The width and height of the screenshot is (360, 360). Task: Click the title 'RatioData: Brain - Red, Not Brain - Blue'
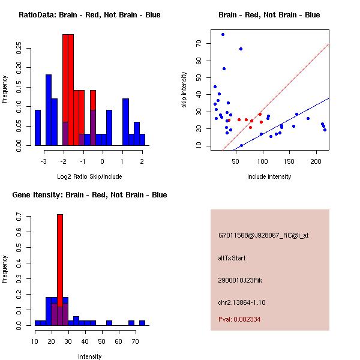pos(89,15)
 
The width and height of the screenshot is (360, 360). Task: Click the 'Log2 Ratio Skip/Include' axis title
pos(89,176)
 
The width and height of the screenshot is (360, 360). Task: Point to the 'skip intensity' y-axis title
pos(184,90)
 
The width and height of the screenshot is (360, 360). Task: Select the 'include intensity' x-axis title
pos(269,176)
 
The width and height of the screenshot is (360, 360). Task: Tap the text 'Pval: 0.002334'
pos(239,319)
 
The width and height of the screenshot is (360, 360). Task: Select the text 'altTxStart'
pos(232,258)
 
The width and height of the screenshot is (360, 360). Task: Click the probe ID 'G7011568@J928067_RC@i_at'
pos(263,236)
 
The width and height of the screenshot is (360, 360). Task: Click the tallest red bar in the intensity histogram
pos(60,270)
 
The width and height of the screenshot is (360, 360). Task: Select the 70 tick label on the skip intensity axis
pos(198,44)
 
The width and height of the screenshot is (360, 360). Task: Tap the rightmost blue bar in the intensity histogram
pos(142,323)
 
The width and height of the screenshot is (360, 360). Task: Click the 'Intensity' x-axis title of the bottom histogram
pos(89,356)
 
